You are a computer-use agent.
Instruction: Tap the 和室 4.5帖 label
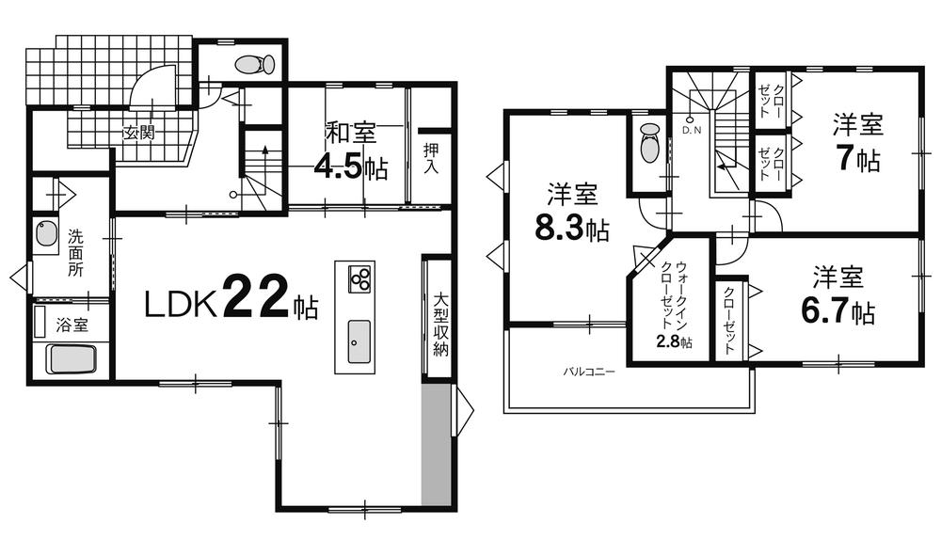351,151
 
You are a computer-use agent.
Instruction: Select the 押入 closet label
432,157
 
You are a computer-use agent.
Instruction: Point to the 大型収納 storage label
439,324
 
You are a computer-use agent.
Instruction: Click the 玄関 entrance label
137,133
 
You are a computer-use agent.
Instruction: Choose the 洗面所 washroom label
75,252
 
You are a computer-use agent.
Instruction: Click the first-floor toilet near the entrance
254,65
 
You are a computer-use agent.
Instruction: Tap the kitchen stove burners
360,277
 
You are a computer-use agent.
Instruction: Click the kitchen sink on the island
359,341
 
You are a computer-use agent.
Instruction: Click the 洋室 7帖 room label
855,142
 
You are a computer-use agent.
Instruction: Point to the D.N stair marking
693,130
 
